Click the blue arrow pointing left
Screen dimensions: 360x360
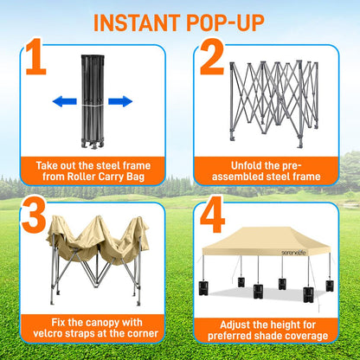pyautogui.click(x=65, y=101)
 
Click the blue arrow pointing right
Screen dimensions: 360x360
pyautogui.click(x=120, y=101)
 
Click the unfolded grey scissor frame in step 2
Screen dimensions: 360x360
pyautogui.click(x=275, y=100)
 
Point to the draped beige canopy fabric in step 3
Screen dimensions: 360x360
pyautogui.click(x=95, y=238)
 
